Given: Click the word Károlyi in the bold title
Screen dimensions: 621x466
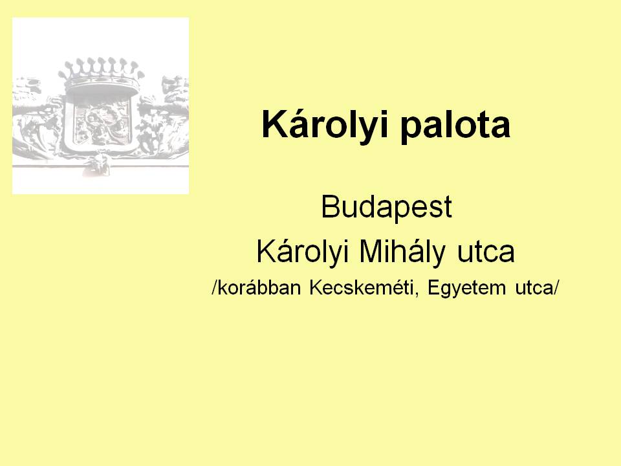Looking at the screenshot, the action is tap(323, 124).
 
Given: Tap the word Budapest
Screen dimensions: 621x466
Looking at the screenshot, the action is tap(386, 206).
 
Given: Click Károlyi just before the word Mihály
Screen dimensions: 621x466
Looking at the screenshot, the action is tap(303, 252).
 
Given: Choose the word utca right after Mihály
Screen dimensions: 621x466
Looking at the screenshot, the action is tap(486, 254).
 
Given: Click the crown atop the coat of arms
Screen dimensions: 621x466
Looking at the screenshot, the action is tap(102, 76).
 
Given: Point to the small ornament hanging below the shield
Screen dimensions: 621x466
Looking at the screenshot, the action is tap(96, 165).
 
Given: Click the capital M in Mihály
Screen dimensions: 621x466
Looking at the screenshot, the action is tap(371, 251).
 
